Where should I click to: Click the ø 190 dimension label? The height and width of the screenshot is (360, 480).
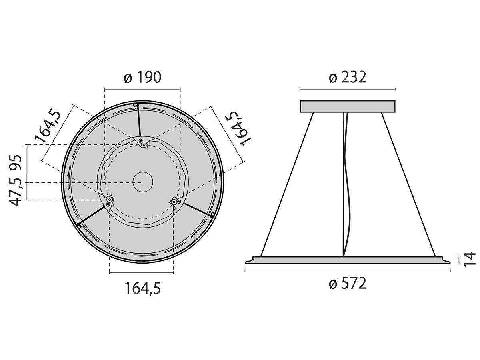[142, 77]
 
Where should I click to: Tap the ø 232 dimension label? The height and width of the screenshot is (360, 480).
[347, 77]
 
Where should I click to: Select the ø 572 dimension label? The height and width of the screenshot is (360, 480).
[347, 284]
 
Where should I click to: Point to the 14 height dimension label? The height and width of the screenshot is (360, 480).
[470, 259]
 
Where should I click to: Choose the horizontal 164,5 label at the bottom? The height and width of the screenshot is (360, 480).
[142, 288]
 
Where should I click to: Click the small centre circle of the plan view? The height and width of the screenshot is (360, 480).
[143, 182]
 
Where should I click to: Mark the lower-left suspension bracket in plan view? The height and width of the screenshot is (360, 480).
[109, 201]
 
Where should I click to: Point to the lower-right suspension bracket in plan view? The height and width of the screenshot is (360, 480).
[175, 202]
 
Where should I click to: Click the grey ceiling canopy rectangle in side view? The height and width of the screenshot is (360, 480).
[348, 106]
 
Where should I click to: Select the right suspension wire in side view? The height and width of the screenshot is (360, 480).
[408, 184]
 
